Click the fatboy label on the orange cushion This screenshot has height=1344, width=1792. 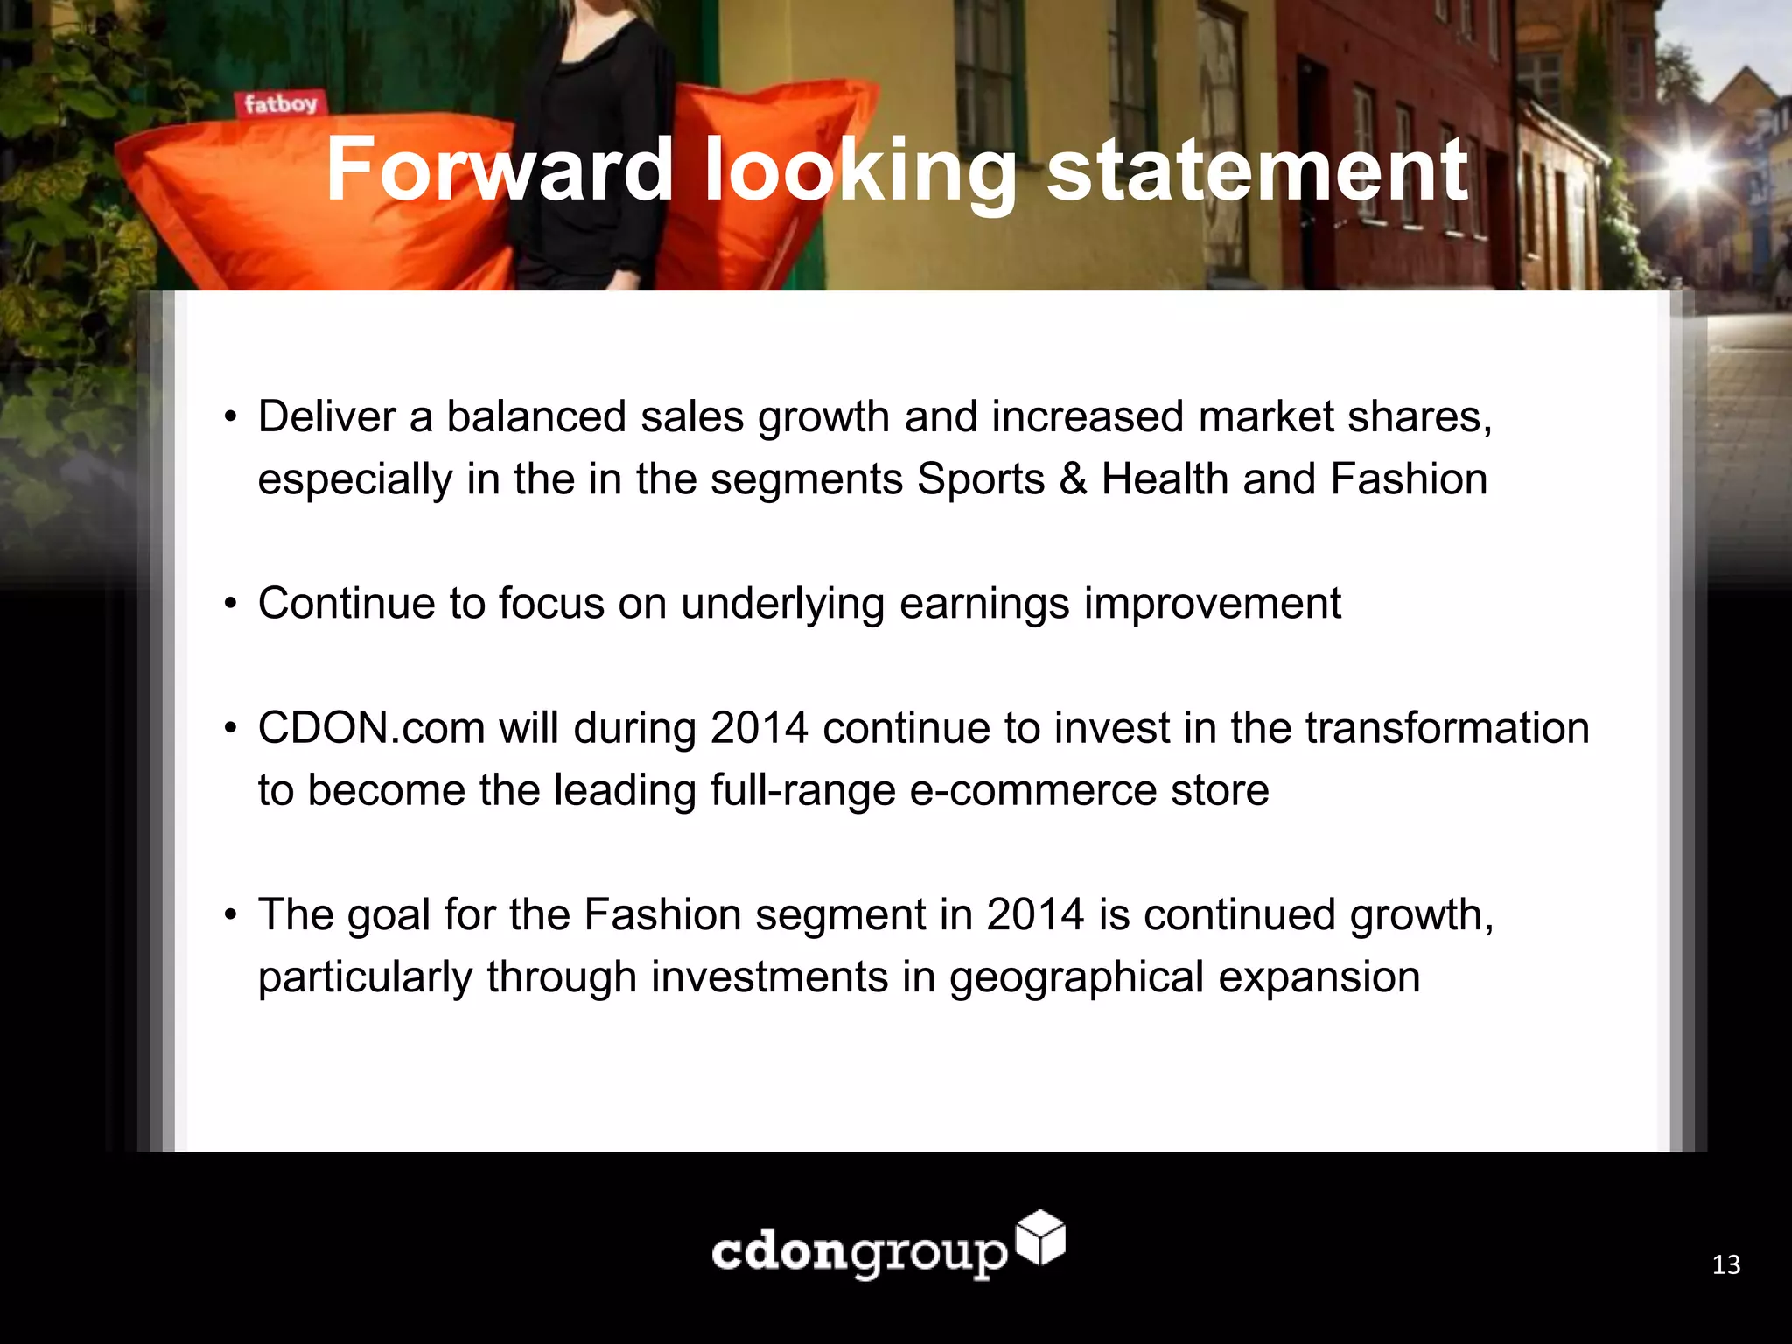pos(280,105)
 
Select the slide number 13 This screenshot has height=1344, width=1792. pos(1725,1265)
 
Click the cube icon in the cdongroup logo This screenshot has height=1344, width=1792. pos(1041,1237)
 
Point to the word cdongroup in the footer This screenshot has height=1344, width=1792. pos(859,1253)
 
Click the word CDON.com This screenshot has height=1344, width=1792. pos(371,728)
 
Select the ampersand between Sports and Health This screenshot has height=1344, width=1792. pos(1073,479)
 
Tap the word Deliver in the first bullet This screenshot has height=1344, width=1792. pos(326,416)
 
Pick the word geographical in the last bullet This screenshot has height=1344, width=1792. pos(1076,977)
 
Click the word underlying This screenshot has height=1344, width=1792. pos(782,604)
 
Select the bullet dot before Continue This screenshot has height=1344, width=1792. pos(230,604)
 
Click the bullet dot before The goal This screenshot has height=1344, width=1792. pos(230,915)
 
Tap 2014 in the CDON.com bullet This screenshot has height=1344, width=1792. pos(759,728)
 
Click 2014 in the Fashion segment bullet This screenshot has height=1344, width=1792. pos(1035,915)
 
